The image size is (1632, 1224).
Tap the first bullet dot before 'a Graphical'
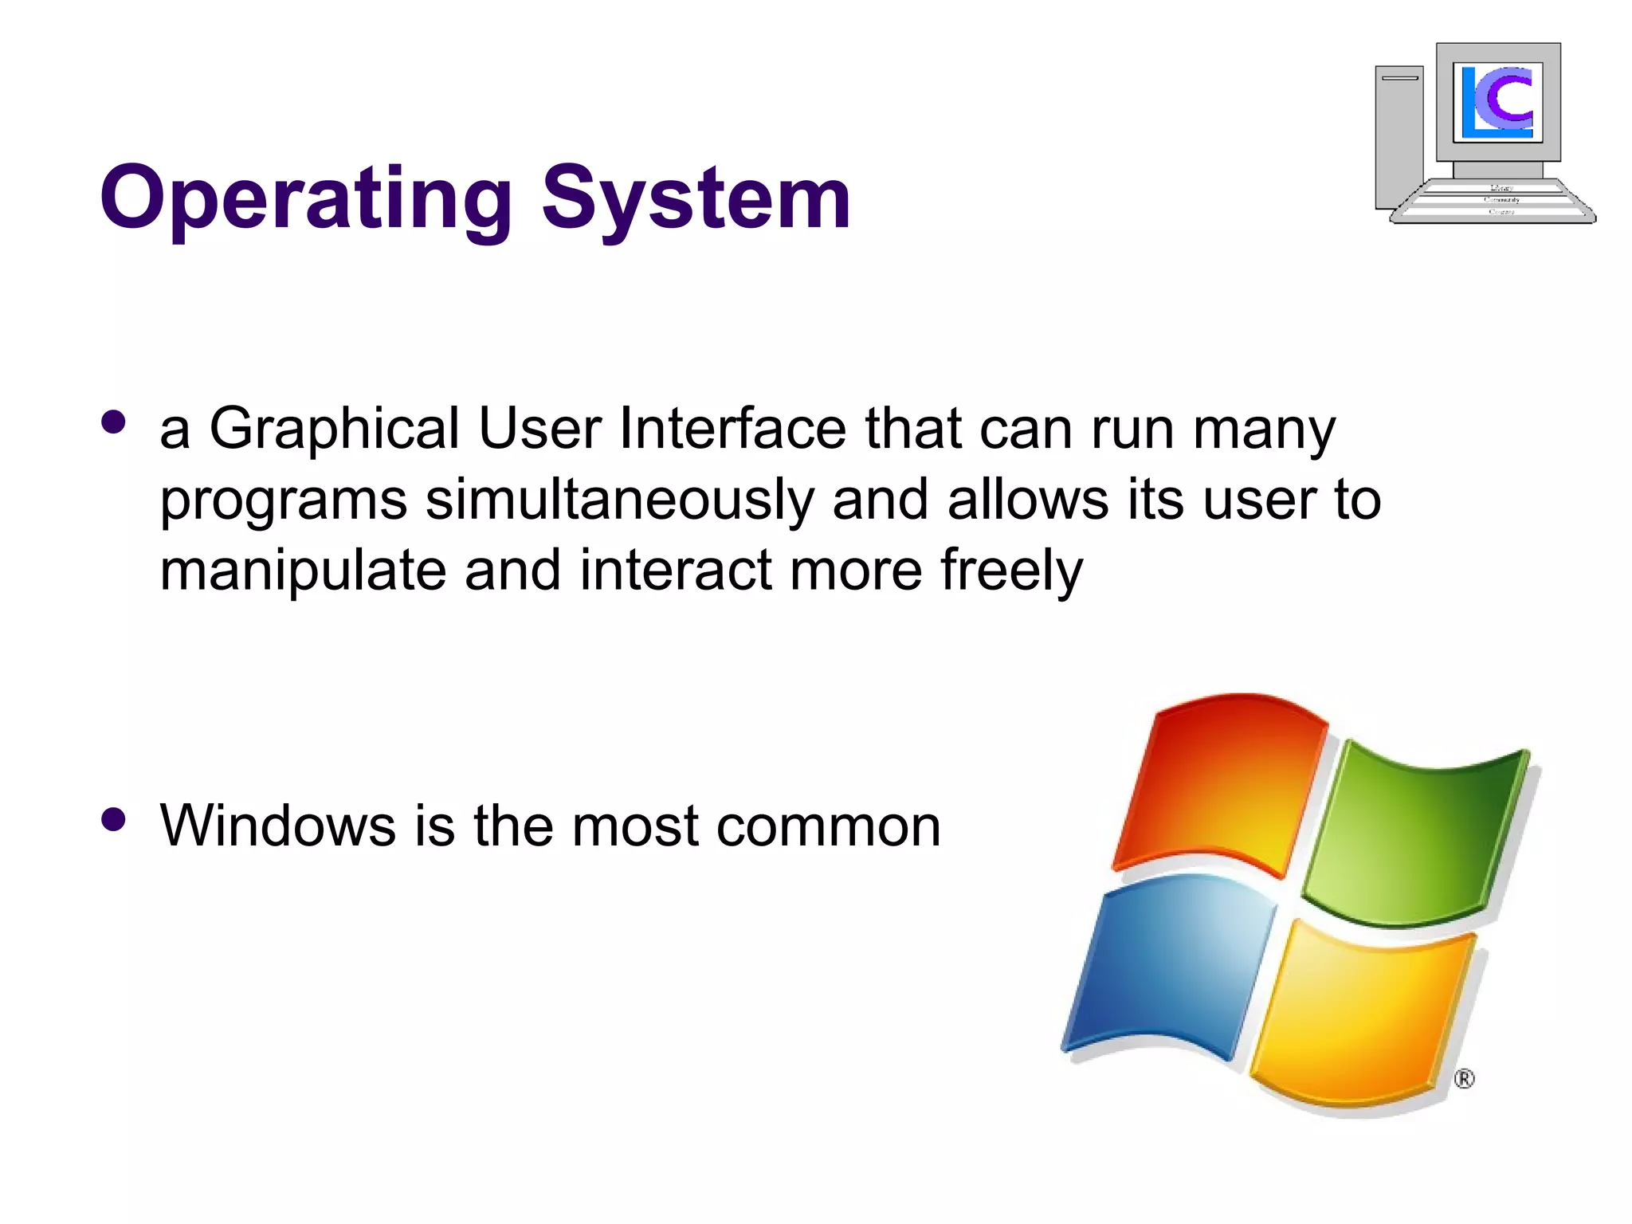coord(114,422)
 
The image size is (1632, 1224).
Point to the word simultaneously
coord(619,500)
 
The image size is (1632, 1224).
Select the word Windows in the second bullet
coord(277,826)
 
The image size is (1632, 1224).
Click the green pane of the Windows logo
coord(1418,837)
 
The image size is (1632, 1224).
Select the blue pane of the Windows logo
coord(1171,964)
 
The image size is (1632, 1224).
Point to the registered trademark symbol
coord(1464,1079)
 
